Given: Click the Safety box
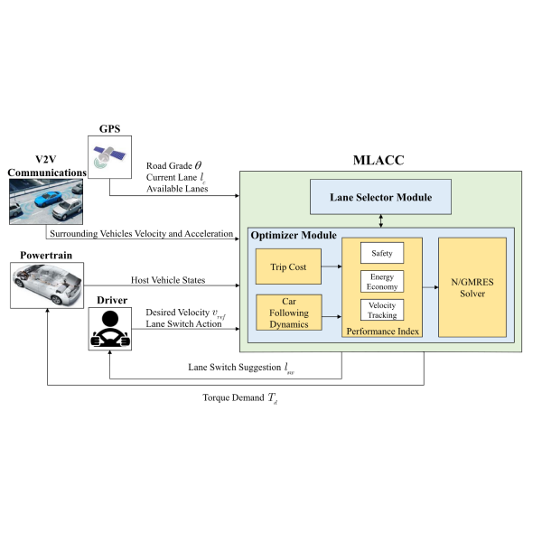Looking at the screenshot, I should [x=381, y=254].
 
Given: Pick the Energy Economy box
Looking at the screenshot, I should [x=381, y=281].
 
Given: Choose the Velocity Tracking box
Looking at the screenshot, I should [x=381, y=310].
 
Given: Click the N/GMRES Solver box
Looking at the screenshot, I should [x=471, y=286].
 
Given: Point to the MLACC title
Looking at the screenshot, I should [x=380, y=162].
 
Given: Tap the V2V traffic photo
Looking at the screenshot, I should [x=46, y=199].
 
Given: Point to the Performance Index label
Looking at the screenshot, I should [x=381, y=332].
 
